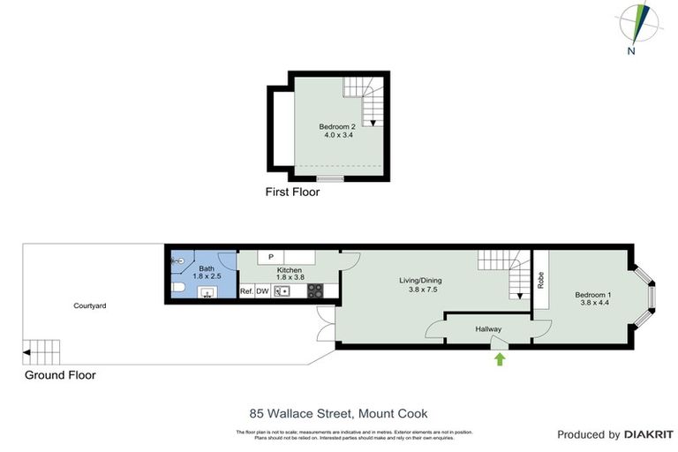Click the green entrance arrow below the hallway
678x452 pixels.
[x=500, y=358]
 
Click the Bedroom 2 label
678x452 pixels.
[x=337, y=131]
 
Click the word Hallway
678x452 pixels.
[x=488, y=329]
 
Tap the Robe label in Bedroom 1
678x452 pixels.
[x=539, y=280]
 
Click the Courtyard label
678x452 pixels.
[x=90, y=305]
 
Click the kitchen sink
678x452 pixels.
[x=282, y=290]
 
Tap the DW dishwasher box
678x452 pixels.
[x=262, y=290]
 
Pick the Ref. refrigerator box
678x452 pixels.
[x=246, y=290]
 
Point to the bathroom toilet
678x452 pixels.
[x=177, y=289]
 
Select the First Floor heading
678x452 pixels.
[x=292, y=192]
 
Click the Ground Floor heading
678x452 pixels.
[x=60, y=375]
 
